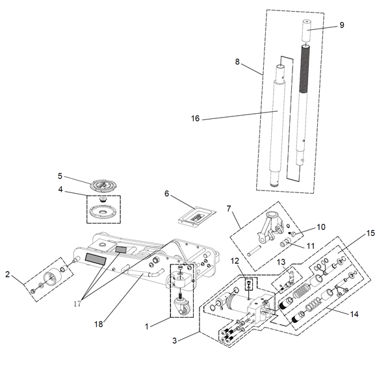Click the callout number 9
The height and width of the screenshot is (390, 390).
342,25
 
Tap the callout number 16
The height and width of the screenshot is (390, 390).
195,118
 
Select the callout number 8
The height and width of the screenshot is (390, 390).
237,62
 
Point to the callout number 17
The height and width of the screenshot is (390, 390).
77,304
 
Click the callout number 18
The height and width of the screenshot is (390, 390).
99,324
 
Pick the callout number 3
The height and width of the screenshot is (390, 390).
175,341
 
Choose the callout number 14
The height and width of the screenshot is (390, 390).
354,315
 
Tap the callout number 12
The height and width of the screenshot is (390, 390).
235,261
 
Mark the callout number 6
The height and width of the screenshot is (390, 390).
166,194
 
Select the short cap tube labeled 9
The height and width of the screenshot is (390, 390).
307,31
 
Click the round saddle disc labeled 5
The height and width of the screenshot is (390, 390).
103,185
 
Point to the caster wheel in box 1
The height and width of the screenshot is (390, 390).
185,309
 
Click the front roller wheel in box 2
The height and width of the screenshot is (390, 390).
52,278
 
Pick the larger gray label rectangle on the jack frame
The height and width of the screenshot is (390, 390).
96,259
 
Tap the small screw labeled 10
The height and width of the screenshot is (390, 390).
292,233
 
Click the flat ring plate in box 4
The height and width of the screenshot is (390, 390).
103,212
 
